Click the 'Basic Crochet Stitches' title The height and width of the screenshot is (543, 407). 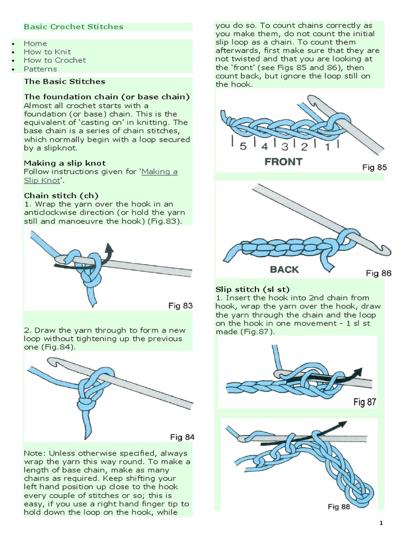coord(73,27)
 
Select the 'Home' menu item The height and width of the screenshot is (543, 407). coord(36,43)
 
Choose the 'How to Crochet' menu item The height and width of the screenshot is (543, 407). coord(55,60)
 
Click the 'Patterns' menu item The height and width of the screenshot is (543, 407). coord(41,69)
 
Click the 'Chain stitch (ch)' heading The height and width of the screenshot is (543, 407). coord(61,196)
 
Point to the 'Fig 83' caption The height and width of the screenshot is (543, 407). coord(180,306)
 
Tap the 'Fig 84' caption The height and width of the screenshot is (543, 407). coord(182,437)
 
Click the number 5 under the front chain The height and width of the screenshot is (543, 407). coord(243,147)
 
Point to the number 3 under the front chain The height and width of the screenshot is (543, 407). coord(285,147)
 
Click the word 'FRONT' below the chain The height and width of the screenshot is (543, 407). coord(284,162)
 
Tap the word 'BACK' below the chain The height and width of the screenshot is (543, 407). coord(284,269)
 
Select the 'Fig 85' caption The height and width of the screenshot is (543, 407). coord(374,168)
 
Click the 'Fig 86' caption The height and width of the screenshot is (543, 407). coord(378,274)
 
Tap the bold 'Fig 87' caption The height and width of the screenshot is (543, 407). coord(365,402)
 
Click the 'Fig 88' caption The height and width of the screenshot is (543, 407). coord(339,507)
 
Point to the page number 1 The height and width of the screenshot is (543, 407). coord(395,524)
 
